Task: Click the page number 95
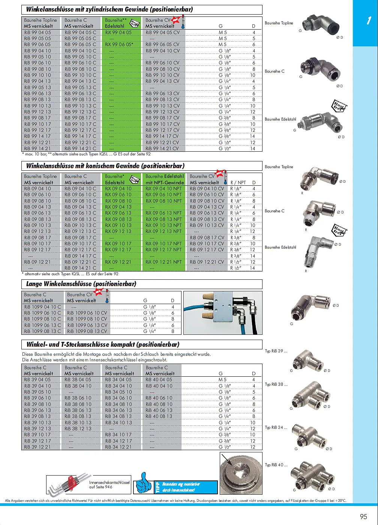coord(363,516)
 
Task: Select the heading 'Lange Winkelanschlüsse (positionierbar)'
coord(81,284)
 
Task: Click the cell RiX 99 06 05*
coord(119,45)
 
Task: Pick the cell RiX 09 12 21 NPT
coord(163,262)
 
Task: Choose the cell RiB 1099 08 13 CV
coord(87,331)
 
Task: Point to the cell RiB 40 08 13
coord(159,416)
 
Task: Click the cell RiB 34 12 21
coord(118,447)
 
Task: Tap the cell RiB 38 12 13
coord(78,428)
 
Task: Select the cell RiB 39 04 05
coord(37,380)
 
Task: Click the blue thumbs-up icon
coord(143,483)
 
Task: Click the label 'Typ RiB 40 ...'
coord(276,465)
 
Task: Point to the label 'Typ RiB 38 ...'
coord(276,385)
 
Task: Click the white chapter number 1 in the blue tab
coord(369,21)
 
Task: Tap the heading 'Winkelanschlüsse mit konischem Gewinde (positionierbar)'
coord(105,166)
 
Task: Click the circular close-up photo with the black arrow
coord(241,473)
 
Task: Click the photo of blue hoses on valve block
coord(223,313)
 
